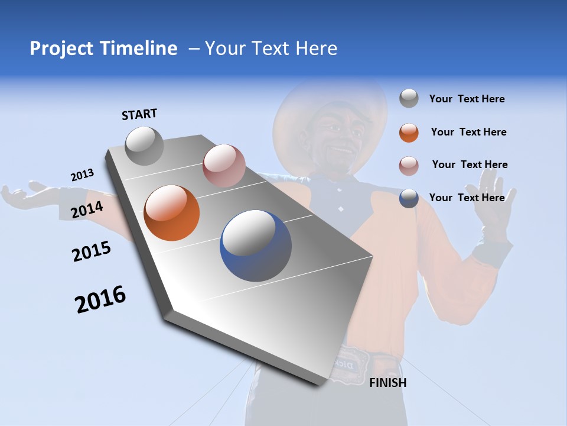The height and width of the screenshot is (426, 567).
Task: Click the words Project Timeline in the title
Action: point(103,49)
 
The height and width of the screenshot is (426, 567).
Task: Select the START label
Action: point(139,114)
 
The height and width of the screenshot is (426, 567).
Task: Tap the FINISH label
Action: point(387,383)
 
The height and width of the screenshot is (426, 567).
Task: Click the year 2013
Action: point(82,175)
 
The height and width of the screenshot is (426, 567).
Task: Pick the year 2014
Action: point(87,209)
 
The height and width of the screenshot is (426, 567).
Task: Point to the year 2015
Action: point(92,251)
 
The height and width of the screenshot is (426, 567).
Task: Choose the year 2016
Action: point(100,299)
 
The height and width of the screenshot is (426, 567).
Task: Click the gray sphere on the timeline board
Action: point(144,146)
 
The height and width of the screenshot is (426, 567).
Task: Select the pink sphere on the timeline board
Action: point(224,166)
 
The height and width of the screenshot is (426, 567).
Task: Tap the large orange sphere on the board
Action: point(172,213)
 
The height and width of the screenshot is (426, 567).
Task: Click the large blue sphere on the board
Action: point(256,246)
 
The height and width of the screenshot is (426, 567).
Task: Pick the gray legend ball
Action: point(409,99)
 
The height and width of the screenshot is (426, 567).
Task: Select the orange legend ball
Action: point(409,133)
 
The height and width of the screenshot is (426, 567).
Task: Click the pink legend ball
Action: point(409,166)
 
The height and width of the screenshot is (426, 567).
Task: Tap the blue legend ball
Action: point(409,198)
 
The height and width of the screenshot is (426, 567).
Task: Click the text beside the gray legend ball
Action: point(467,99)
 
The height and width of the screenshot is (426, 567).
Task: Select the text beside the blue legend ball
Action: point(467,198)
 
